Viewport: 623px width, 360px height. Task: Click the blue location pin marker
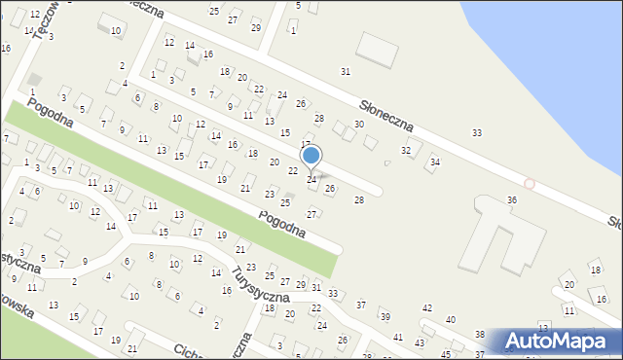[x=311, y=157]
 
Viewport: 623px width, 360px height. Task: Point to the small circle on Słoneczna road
[x=529, y=183]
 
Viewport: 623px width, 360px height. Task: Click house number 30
[x=358, y=125]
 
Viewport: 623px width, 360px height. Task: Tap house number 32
[x=406, y=150]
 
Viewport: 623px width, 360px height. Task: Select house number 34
[x=434, y=162]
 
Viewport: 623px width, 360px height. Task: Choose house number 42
[x=426, y=307]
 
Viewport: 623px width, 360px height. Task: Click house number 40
[x=450, y=319]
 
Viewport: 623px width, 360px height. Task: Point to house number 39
[x=385, y=317]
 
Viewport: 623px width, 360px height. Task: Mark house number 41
[x=397, y=337]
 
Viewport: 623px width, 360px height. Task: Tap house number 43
[x=420, y=343]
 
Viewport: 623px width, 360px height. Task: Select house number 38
[x=479, y=334]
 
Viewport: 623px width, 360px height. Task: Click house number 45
[x=446, y=353]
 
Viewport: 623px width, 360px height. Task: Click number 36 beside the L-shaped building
[x=511, y=199]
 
